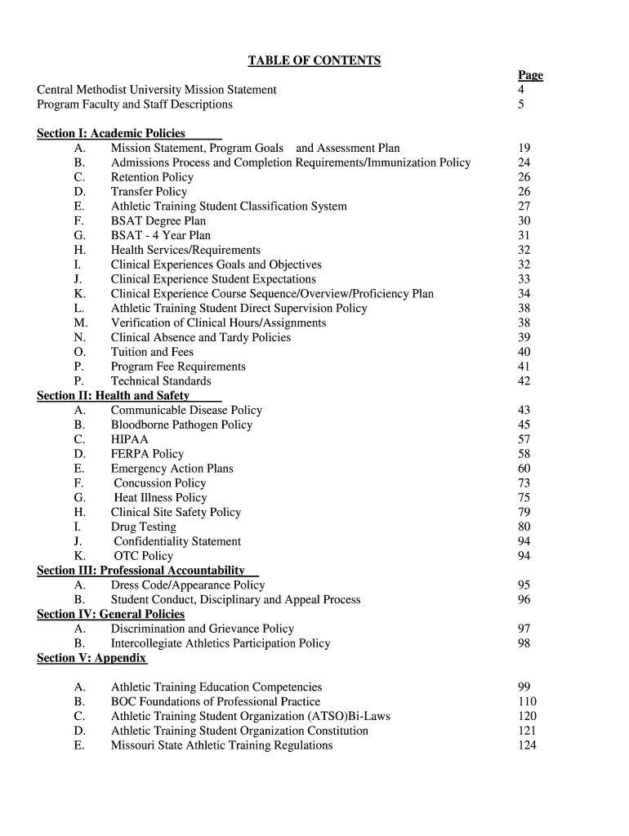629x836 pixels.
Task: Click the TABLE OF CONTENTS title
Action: coord(314,60)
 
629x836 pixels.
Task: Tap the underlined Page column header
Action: coord(530,75)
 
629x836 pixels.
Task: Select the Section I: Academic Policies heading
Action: coord(111,133)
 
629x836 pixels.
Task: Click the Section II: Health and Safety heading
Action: coord(114,396)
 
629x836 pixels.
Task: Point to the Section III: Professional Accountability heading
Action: coord(141,571)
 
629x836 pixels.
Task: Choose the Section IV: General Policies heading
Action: coord(111,614)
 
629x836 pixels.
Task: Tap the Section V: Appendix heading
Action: coord(91,658)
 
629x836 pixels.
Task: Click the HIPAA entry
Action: coord(130,439)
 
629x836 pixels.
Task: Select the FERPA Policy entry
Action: coord(147,454)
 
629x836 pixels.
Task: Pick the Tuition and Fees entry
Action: coord(152,352)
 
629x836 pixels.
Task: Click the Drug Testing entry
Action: coord(143,527)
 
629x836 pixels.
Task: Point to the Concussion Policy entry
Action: coord(160,483)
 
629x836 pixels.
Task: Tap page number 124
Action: coord(527,745)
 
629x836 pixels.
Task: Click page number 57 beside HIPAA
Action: coord(524,439)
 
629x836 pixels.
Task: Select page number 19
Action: coord(524,148)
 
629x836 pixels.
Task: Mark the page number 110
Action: coord(527,701)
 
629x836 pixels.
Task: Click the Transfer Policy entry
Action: coord(149,192)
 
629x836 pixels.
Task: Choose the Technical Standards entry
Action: coord(161,381)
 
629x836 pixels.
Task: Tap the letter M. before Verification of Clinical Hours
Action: coord(80,322)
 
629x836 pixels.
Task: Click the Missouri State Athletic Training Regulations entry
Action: coord(221,745)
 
